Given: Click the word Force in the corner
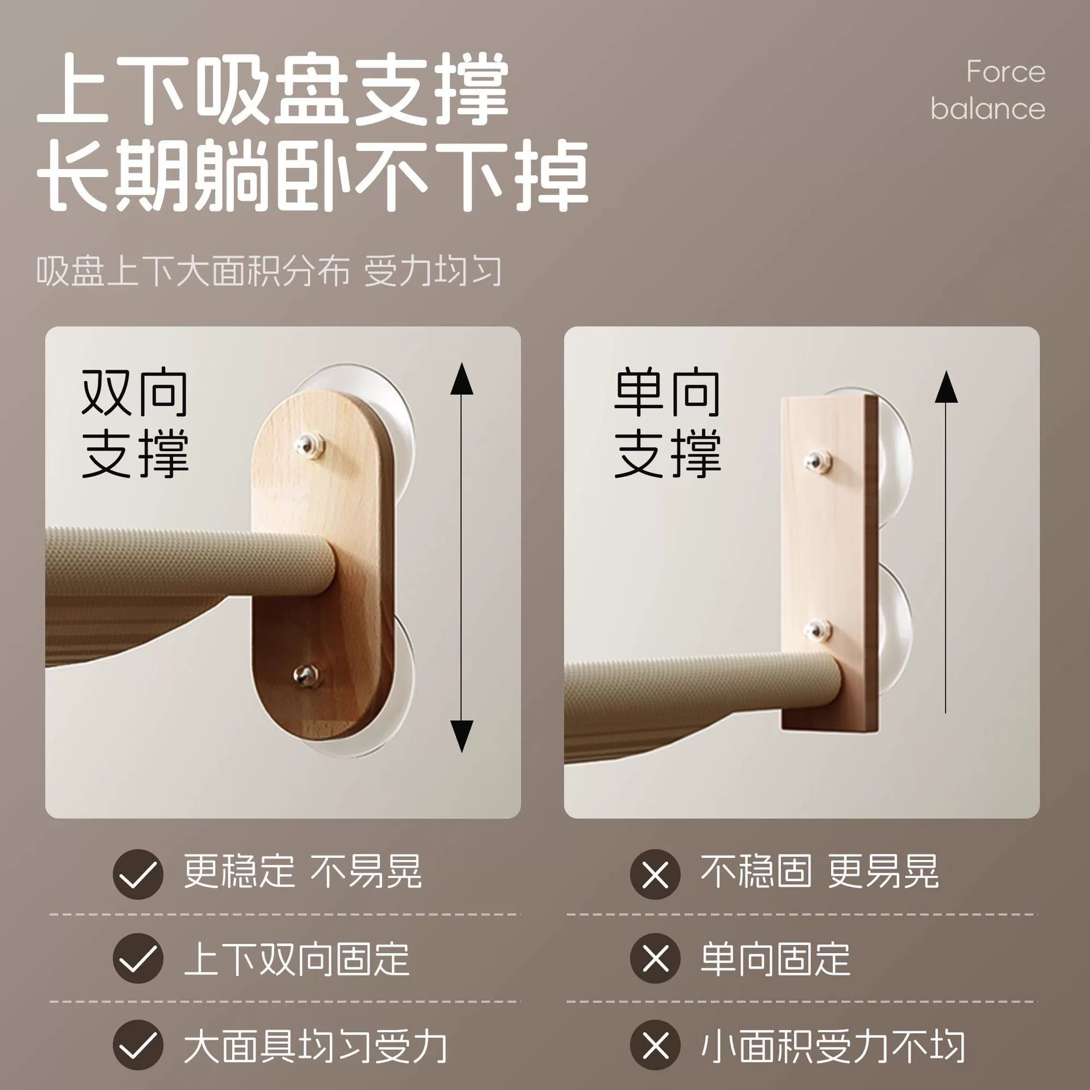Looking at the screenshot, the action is (1005, 72).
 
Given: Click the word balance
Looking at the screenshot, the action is (988, 108).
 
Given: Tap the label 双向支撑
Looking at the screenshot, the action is (135, 424).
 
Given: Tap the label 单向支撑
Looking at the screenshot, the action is (668, 424).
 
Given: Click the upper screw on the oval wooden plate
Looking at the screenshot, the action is (309, 444).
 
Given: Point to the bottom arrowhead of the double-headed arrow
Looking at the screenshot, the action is (462, 736).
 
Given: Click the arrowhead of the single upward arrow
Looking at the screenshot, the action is (946, 387).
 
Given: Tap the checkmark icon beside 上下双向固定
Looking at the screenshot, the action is (138, 959).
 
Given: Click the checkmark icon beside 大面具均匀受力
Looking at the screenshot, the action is (138, 1045).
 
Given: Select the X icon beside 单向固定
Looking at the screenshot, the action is (655, 959).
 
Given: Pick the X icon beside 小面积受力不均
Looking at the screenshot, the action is (655, 1045).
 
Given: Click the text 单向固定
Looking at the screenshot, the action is (775, 959).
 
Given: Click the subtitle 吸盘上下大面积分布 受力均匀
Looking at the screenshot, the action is (269, 272).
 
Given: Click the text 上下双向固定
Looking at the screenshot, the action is (296, 959).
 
